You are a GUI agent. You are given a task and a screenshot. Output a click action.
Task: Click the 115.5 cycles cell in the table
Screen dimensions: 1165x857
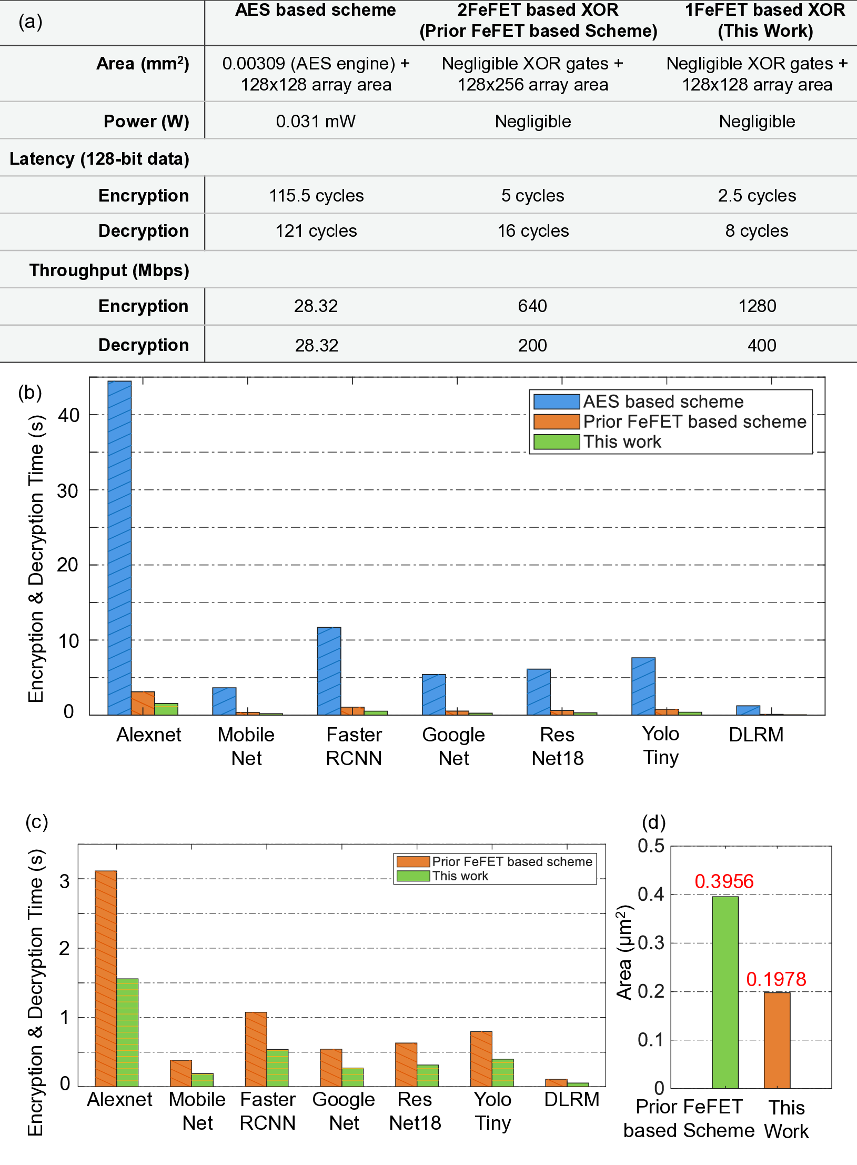pos(316,196)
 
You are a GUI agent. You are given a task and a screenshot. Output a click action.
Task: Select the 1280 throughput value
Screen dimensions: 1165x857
pos(757,306)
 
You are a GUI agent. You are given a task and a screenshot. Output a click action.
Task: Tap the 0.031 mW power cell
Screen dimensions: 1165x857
pos(316,122)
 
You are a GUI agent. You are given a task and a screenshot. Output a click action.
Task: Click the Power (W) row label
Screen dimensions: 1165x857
pos(146,122)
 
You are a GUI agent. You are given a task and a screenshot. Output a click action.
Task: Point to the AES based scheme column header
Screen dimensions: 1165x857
pos(315,11)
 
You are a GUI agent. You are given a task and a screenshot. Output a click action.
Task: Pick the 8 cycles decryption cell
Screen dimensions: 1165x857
pos(757,231)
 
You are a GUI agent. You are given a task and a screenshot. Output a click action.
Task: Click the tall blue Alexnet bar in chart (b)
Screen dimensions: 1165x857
pos(119,547)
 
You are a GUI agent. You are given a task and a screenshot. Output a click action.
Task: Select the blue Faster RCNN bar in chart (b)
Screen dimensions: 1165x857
pos(329,671)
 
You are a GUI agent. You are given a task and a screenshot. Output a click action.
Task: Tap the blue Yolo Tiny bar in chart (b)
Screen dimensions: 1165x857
pos(643,686)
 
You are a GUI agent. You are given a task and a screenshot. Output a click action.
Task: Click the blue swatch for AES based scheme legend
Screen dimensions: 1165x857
pos(556,401)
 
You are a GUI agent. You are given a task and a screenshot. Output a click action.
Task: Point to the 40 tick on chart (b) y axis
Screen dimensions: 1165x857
pos(68,415)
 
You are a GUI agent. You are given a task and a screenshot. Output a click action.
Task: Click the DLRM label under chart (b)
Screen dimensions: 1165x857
pos(756,735)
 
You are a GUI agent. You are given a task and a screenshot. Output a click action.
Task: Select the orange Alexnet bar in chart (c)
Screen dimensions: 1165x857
pos(106,979)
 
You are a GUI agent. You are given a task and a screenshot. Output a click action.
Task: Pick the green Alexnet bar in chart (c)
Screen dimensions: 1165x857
pos(127,1032)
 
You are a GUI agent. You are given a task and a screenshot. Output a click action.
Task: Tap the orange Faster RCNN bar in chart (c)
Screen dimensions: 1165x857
pos(256,1049)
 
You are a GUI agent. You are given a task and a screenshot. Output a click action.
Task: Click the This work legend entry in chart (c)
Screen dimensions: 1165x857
pos(460,876)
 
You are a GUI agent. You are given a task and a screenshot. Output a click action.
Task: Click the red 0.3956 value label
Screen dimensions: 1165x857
pos(724,881)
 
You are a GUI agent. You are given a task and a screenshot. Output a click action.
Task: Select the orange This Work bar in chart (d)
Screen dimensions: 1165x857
pos(777,1040)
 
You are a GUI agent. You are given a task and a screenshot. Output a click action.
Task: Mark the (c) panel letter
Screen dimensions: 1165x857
pos(37,822)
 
